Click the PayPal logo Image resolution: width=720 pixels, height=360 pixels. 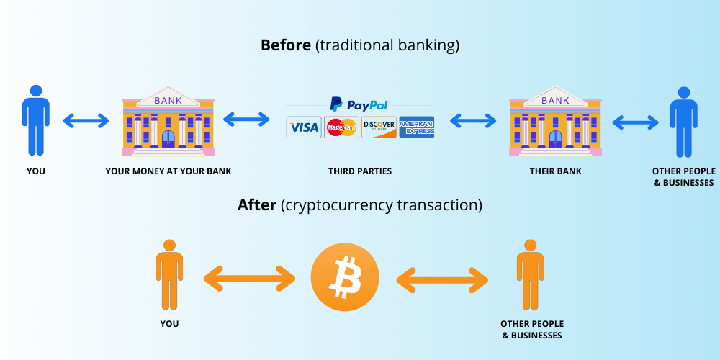359,104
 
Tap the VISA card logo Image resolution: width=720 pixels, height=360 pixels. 304,128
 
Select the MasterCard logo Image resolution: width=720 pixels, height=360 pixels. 341,128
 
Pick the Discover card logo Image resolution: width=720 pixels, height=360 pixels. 379,128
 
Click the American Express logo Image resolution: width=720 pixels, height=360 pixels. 416,127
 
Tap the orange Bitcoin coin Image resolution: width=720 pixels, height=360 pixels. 345,276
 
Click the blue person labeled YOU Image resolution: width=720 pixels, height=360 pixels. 35,121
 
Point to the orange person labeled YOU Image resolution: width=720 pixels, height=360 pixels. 169,276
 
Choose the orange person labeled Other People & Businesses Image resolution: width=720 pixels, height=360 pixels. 531,276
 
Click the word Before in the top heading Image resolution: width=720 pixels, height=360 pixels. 286,45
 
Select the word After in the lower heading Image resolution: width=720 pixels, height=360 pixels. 257,205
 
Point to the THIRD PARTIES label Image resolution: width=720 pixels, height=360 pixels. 360,171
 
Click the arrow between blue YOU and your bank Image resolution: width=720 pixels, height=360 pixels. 86,120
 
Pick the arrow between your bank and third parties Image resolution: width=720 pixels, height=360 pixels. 246,120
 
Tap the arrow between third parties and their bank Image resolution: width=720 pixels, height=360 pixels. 474,120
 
